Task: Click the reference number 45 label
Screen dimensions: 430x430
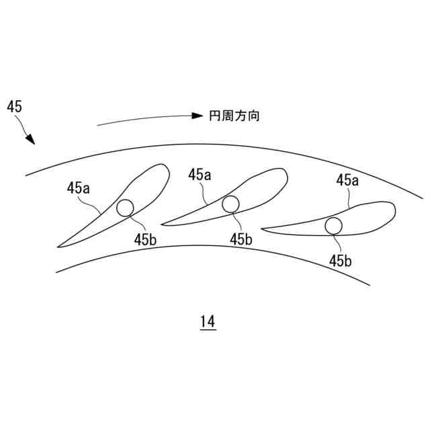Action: (x=14, y=105)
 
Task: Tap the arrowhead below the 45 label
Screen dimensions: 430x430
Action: (x=30, y=141)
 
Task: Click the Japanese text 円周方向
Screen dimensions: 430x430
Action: (x=234, y=116)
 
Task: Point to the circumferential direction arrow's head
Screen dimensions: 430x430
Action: (x=198, y=116)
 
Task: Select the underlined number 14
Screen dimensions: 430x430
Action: (x=208, y=322)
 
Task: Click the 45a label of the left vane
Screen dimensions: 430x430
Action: (x=78, y=188)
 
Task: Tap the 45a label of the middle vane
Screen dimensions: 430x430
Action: (x=200, y=175)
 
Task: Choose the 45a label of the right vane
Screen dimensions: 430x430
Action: (x=347, y=179)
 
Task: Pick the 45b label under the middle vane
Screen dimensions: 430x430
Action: (x=241, y=239)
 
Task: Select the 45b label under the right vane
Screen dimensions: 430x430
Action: (x=340, y=261)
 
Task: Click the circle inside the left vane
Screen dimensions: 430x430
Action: (x=125, y=208)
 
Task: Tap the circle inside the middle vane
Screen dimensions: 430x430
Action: (x=231, y=204)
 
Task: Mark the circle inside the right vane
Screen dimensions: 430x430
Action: (x=333, y=226)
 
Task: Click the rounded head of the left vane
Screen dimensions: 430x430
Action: (x=163, y=169)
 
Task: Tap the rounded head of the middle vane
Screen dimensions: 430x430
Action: (x=283, y=174)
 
